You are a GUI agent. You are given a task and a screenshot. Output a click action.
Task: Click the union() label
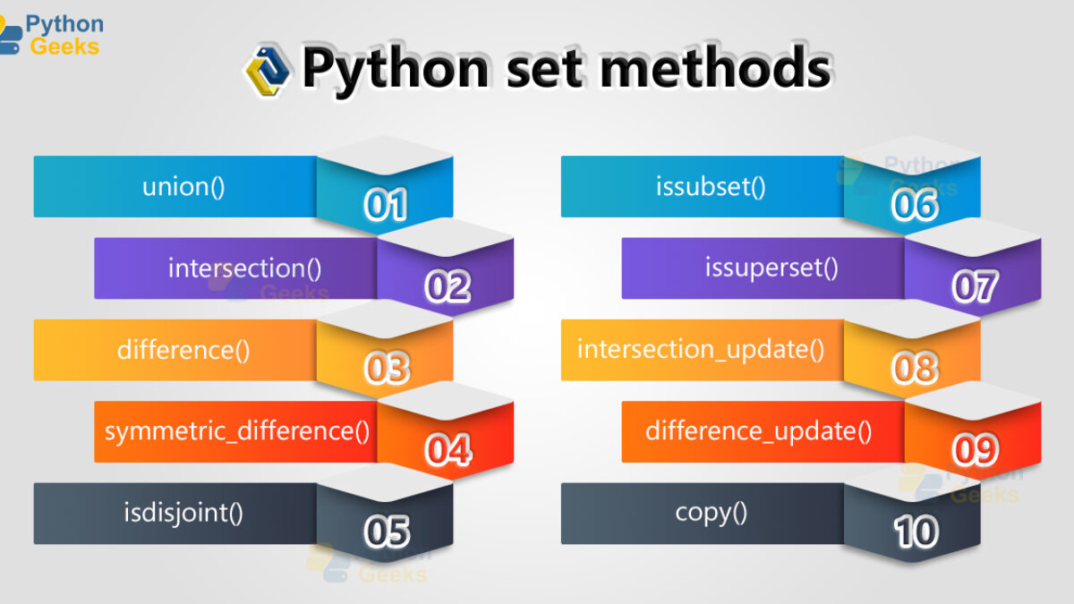183,186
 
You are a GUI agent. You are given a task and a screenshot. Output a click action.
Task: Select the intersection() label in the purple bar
244,268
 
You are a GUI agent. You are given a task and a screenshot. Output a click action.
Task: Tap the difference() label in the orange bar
183,350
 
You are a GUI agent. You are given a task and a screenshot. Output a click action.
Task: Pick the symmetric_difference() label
237,431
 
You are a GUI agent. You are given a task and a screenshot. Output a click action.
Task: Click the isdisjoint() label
183,514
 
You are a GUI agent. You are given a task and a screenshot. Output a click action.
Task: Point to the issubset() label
711,186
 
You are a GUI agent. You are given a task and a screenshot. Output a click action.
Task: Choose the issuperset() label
771,268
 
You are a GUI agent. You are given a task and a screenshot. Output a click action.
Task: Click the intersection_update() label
701,350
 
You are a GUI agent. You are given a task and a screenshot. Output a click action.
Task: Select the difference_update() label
759,431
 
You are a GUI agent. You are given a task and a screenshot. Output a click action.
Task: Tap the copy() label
711,514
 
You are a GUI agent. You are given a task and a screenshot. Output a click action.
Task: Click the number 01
386,205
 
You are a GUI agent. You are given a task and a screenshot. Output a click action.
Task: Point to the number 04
447,450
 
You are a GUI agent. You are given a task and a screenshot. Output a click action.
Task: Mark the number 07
975,286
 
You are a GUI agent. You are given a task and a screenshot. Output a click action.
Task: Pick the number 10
916,532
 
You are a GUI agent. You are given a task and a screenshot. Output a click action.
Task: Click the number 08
915,368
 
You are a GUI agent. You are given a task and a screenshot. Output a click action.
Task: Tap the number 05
387,532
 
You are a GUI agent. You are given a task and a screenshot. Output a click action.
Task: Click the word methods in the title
715,67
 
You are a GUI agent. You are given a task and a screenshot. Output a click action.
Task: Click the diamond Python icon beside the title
268,71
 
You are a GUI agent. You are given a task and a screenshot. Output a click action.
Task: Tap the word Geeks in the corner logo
64,47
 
